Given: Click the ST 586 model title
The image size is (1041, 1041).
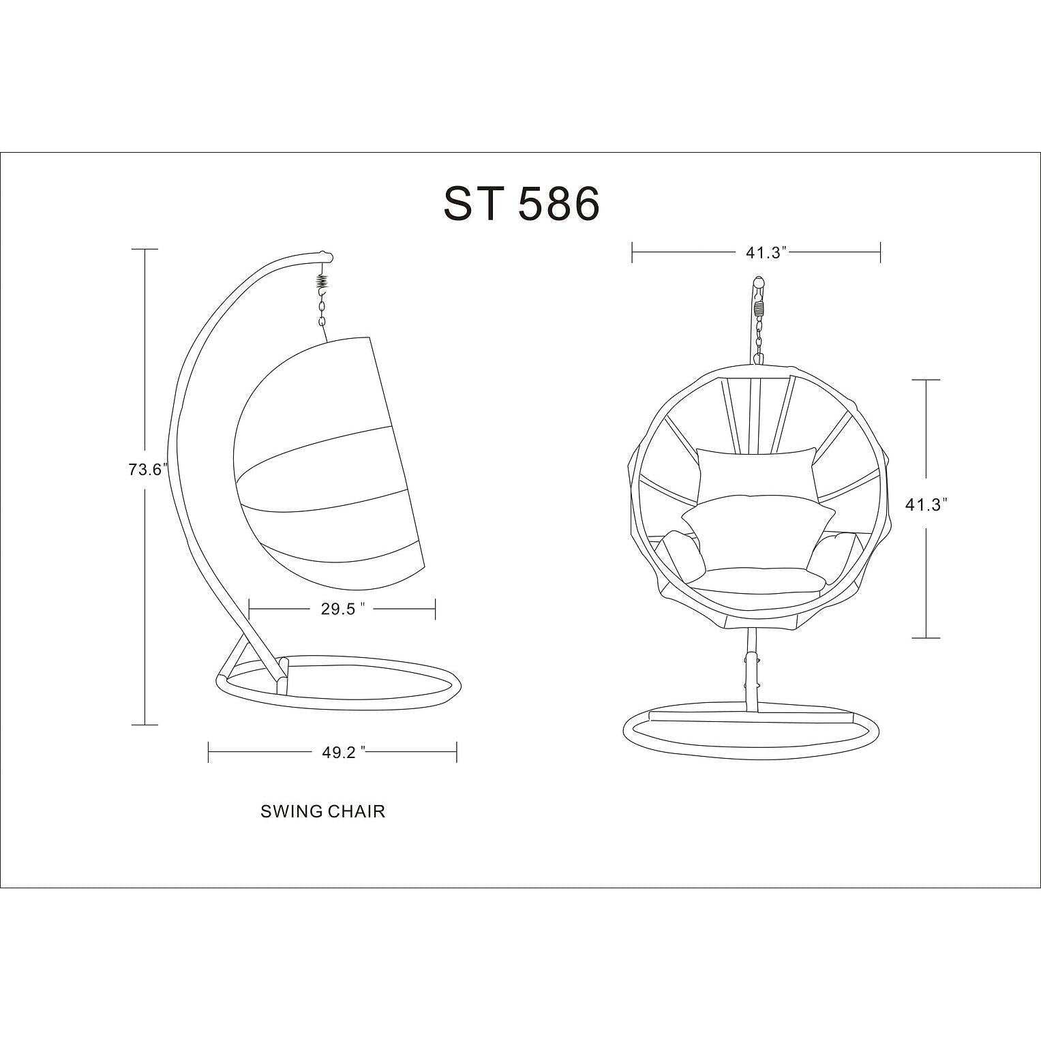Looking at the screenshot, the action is pos(522,203).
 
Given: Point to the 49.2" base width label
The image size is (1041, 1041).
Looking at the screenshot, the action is pos(344,752).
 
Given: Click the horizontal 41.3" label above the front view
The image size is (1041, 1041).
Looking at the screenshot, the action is pos(766,253).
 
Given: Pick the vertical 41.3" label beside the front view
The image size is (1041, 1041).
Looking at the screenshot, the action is pos(926,504).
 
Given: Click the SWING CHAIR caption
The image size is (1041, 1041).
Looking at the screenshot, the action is pos(322,811).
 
